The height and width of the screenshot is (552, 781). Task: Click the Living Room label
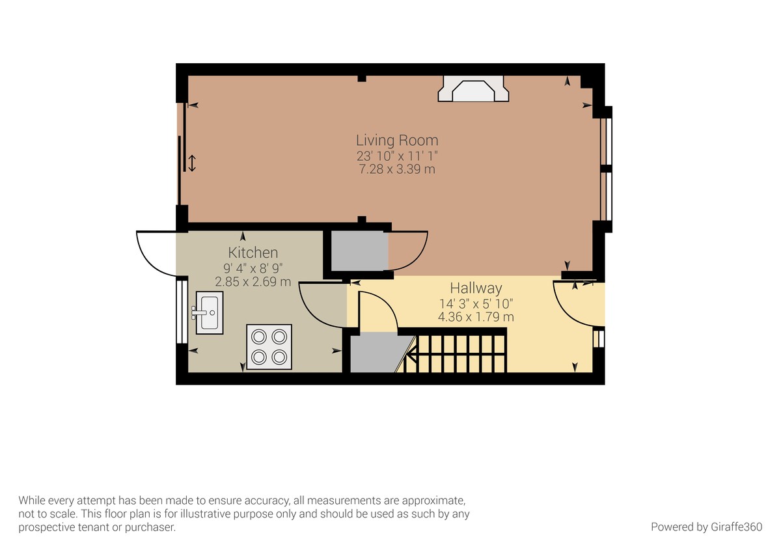pyautogui.click(x=397, y=141)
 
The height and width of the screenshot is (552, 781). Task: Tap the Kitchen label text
pyautogui.click(x=253, y=253)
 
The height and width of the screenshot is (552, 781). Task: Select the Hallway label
pyautogui.click(x=476, y=288)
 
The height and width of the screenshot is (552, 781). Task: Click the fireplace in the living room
pyautogui.click(x=473, y=89)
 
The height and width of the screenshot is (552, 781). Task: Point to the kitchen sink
pyautogui.click(x=209, y=313)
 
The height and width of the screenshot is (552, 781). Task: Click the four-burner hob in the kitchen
pyautogui.click(x=269, y=347)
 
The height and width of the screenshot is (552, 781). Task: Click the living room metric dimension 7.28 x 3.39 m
pyautogui.click(x=397, y=169)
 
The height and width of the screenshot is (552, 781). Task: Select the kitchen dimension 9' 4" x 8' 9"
pyautogui.click(x=253, y=268)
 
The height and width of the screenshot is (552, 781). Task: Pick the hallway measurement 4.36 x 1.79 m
pyautogui.click(x=476, y=317)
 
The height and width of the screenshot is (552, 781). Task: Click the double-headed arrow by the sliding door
pyautogui.click(x=192, y=163)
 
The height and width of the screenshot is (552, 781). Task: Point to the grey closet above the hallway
pyautogui.click(x=359, y=251)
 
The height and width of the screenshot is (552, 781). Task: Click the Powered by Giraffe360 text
pyautogui.click(x=706, y=527)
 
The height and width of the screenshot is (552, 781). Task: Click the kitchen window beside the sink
pyautogui.click(x=182, y=312)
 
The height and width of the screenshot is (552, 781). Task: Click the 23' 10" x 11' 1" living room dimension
pyautogui.click(x=397, y=156)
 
